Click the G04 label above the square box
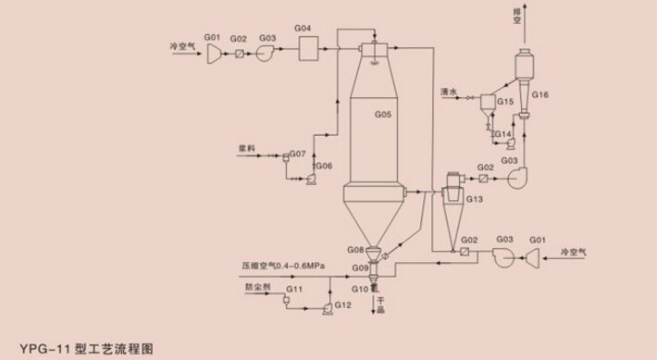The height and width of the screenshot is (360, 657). pos(303,30)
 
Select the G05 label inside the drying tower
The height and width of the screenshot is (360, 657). pos(383,115)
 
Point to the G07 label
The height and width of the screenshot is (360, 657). pos(298,151)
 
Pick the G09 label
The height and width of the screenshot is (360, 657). pos(360,267)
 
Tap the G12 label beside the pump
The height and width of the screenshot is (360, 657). pos(343,305)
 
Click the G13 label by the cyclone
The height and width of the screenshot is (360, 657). pos(474,199)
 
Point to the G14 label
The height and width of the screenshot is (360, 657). pos(502,134)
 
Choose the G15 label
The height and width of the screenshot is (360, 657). pos(505,101)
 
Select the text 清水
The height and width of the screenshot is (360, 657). pos(450,92)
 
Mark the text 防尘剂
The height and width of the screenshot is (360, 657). pos(257,288)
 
